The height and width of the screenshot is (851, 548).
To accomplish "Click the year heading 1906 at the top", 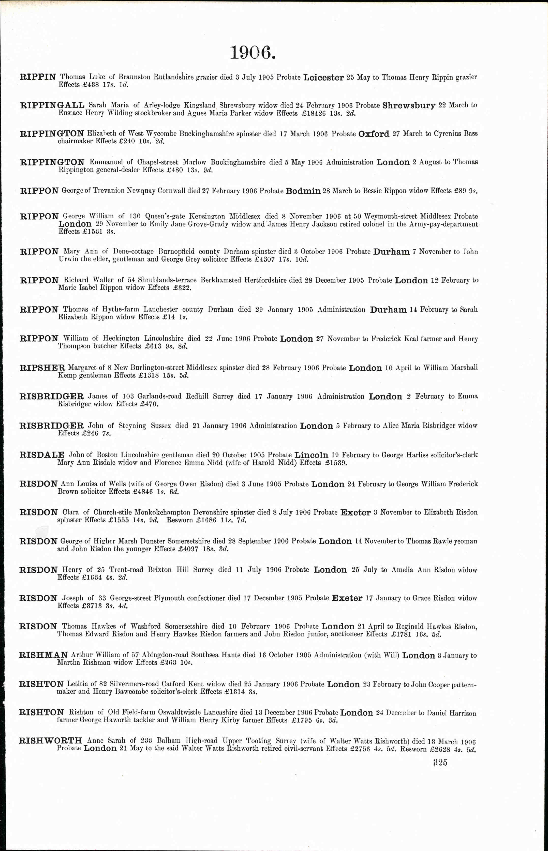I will pos(253,53).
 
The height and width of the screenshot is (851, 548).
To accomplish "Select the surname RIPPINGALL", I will pos(52,105).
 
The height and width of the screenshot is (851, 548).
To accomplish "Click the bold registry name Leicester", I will pos(323,78).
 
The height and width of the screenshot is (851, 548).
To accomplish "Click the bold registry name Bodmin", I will pos(303,191).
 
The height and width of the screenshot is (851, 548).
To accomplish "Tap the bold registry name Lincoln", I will pos(311,455).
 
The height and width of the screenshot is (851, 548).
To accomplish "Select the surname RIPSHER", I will pos(42,368).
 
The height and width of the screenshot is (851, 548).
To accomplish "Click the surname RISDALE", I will pos(42,455).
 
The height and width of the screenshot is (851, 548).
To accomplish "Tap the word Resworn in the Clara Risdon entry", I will pos(180,520).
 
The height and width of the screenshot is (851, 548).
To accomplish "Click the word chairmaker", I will pos(75,141).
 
